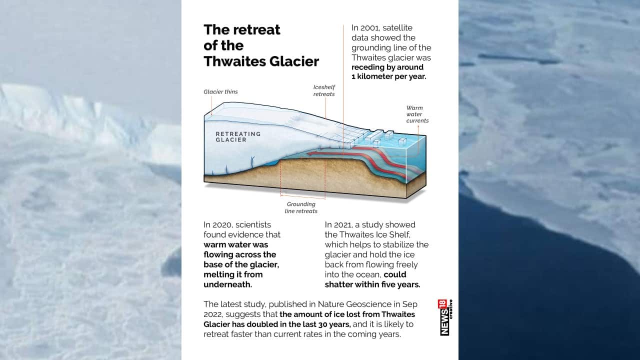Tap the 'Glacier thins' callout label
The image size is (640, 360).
coord(220,92)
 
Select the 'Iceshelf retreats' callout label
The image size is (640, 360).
coord(324,90)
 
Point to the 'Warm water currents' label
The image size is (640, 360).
coord(417,114)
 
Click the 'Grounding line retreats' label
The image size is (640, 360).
coord(301,207)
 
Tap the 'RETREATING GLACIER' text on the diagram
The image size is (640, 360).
coord(238,136)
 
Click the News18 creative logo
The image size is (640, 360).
coord(445,317)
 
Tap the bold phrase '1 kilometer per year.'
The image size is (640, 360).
coord(388,77)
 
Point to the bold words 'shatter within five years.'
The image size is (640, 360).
coord(372,284)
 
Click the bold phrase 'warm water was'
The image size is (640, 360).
coord(236,244)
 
